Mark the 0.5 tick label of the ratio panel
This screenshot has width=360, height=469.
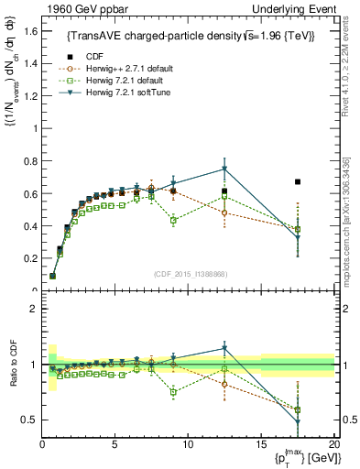[30, 420]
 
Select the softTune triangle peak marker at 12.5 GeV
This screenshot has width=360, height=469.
[224, 169]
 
